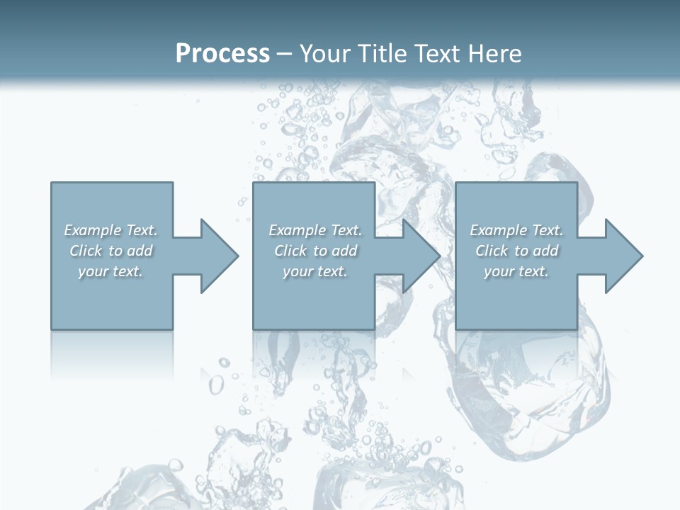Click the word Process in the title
pos(222,54)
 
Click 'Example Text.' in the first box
pos(110,230)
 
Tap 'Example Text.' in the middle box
pos(315,230)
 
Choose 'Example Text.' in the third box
pos(516,230)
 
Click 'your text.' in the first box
pos(110,271)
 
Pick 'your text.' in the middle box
pos(315,271)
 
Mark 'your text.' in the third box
pos(516,271)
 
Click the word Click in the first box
pos(86,251)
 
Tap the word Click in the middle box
pos(290,251)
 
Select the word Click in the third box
pos(492,251)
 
